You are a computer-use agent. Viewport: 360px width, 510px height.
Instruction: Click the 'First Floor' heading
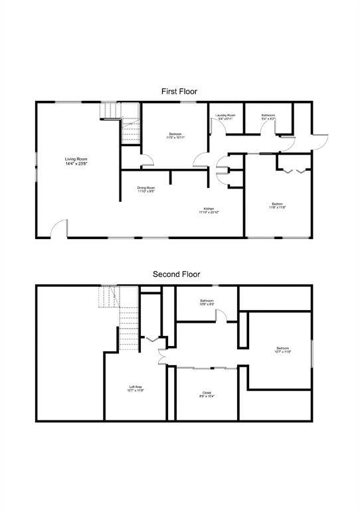pyautogui.click(x=179, y=91)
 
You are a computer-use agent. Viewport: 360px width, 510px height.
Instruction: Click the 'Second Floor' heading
pyautogui.click(x=176, y=274)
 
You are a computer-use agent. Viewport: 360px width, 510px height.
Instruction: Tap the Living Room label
pyautogui.click(x=76, y=161)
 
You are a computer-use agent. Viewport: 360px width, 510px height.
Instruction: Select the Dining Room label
pyautogui.click(x=146, y=190)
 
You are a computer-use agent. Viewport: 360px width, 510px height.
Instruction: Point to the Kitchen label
pyautogui.click(x=209, y=211)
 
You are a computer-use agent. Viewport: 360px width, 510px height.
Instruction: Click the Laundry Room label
pyautogui.click(x=225, y=117)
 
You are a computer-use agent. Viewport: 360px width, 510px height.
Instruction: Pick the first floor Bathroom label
pyautogui.click(x=268, y=117)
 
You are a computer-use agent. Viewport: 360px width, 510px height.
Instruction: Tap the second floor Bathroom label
pyautogui.click(x=207, y=302)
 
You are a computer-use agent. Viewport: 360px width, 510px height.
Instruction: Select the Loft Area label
pyautogui.click(x=135, y=388)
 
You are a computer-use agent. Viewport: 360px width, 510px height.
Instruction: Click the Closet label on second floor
pyautogui.click(x=207, y=394)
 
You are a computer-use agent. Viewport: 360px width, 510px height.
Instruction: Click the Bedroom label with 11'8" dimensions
pyautogui.click(x=278, y=205)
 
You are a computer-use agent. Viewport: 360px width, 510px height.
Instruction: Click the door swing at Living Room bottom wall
pyautogui.click(x=58, y=227)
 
